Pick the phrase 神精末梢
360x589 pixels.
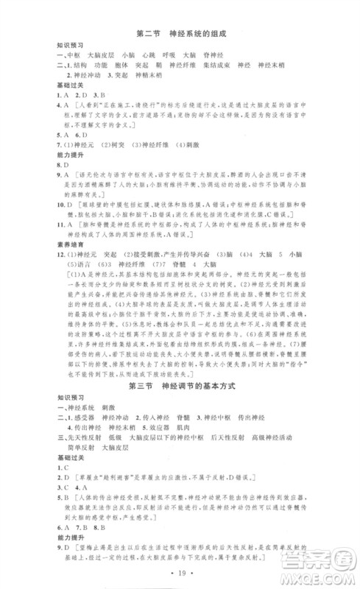[157, 75]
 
